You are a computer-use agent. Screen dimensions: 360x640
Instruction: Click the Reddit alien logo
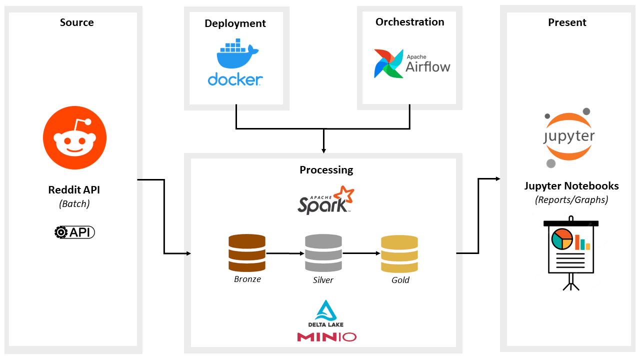pos(74,137)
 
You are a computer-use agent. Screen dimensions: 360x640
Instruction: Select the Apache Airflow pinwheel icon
pos(388,63)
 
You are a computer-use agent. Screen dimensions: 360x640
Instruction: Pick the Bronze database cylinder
pos(247,253)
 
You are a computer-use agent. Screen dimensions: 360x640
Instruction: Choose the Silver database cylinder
pos(323,253)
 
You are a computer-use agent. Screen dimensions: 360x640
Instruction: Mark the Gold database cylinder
pos(399,253)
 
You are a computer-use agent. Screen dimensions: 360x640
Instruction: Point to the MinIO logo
pos(326,337)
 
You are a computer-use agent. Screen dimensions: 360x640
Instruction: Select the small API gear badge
pos(74,232)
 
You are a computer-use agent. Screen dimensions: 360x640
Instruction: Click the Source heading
pos(76,22)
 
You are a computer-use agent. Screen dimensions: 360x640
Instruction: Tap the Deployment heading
pos(235,23)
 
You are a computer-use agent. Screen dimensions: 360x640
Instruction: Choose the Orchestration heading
pos(409,22)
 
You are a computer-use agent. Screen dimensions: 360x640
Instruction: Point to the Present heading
pos(567,22)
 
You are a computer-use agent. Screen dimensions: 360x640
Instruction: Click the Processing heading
pos(326,170)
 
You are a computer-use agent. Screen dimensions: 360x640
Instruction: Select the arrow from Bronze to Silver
pos(285,253)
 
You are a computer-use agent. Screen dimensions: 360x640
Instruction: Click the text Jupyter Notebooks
pos(571,186)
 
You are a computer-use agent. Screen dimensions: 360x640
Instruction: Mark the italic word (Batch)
pos(74,204)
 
